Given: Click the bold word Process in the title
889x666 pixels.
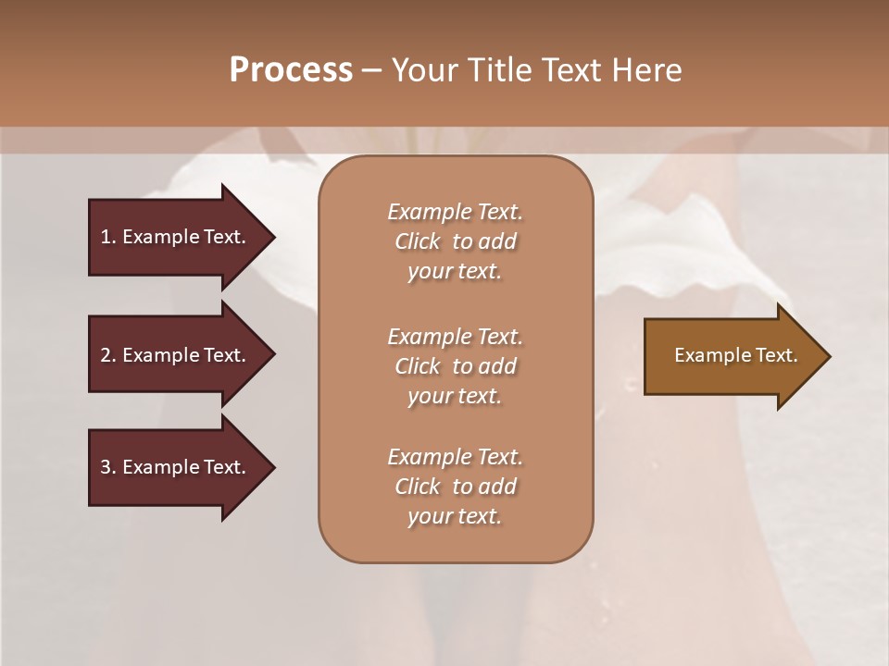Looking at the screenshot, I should point(291,69).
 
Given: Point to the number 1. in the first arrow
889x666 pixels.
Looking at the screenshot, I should point(107,237).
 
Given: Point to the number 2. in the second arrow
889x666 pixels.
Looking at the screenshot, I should point(107,355).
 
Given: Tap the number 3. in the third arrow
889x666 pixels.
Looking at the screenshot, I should point(107,467).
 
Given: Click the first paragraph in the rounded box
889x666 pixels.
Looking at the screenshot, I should point(455,241).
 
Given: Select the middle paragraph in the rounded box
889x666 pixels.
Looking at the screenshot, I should point(455,366).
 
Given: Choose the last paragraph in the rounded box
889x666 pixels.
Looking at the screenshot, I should point(455,487).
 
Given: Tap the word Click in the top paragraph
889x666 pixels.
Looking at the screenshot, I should point(418,241).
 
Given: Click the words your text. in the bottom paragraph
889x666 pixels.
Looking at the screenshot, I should point(455,516).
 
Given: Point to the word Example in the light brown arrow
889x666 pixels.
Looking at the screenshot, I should point(708,355).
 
